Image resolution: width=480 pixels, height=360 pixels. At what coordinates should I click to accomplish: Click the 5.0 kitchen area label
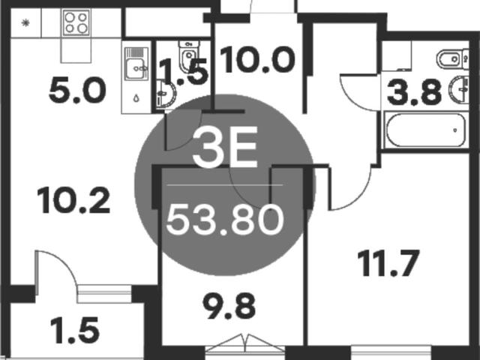[77, 90]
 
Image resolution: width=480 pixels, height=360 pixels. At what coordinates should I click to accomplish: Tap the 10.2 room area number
[73, 200]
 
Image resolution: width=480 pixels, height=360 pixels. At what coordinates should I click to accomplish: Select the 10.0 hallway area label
[257, 59]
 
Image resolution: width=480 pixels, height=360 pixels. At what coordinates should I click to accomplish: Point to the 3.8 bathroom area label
[414, 91]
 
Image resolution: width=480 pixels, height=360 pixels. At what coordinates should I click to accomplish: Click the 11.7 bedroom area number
[388, 263]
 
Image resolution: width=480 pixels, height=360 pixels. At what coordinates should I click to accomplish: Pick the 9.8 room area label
[229, 305]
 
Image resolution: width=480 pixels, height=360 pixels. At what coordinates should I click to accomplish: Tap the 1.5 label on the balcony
[75, 330]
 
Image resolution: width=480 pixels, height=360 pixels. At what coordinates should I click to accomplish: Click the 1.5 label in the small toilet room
[184, 72]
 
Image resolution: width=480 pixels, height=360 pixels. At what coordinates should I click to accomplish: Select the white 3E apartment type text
[225, 147]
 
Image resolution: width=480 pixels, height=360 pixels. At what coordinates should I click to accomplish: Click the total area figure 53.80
[225, 220]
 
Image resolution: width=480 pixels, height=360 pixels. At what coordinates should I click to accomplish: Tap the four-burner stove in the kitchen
[76, 22]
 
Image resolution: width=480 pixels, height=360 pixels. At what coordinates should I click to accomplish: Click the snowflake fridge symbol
[25, 22]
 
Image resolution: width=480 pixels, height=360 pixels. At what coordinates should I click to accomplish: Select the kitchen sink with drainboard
[136, 64]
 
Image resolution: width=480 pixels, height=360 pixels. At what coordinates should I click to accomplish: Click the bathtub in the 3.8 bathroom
[426, 130]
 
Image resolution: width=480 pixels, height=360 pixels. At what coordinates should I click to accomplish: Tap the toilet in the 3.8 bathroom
[451, 58]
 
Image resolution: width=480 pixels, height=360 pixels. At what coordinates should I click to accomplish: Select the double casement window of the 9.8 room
[245, 343]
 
